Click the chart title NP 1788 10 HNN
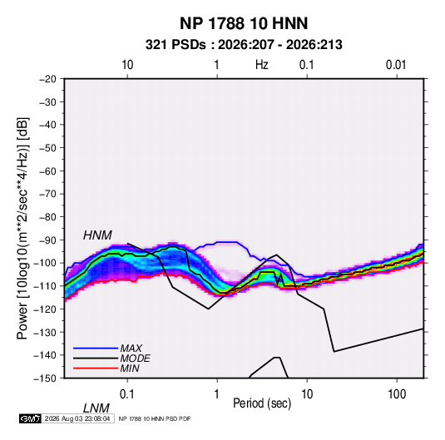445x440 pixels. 244,23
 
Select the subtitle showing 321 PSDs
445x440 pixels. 244,45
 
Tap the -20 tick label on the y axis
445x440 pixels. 47,79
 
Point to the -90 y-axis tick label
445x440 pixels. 47,240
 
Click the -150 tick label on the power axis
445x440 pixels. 45,378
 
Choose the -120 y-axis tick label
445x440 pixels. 45,309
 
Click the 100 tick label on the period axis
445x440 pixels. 397,394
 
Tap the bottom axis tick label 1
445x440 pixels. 216,394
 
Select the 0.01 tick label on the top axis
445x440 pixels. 396,65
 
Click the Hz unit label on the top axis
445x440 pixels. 262,65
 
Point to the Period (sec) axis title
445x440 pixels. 262,403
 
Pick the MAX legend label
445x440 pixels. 131,349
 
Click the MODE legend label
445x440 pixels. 135,358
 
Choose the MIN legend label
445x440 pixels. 130,368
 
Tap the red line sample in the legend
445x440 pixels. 96,368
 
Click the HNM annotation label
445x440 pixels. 97,235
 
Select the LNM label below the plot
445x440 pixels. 96,408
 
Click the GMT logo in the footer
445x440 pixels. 30,418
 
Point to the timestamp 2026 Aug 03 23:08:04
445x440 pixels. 77,418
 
